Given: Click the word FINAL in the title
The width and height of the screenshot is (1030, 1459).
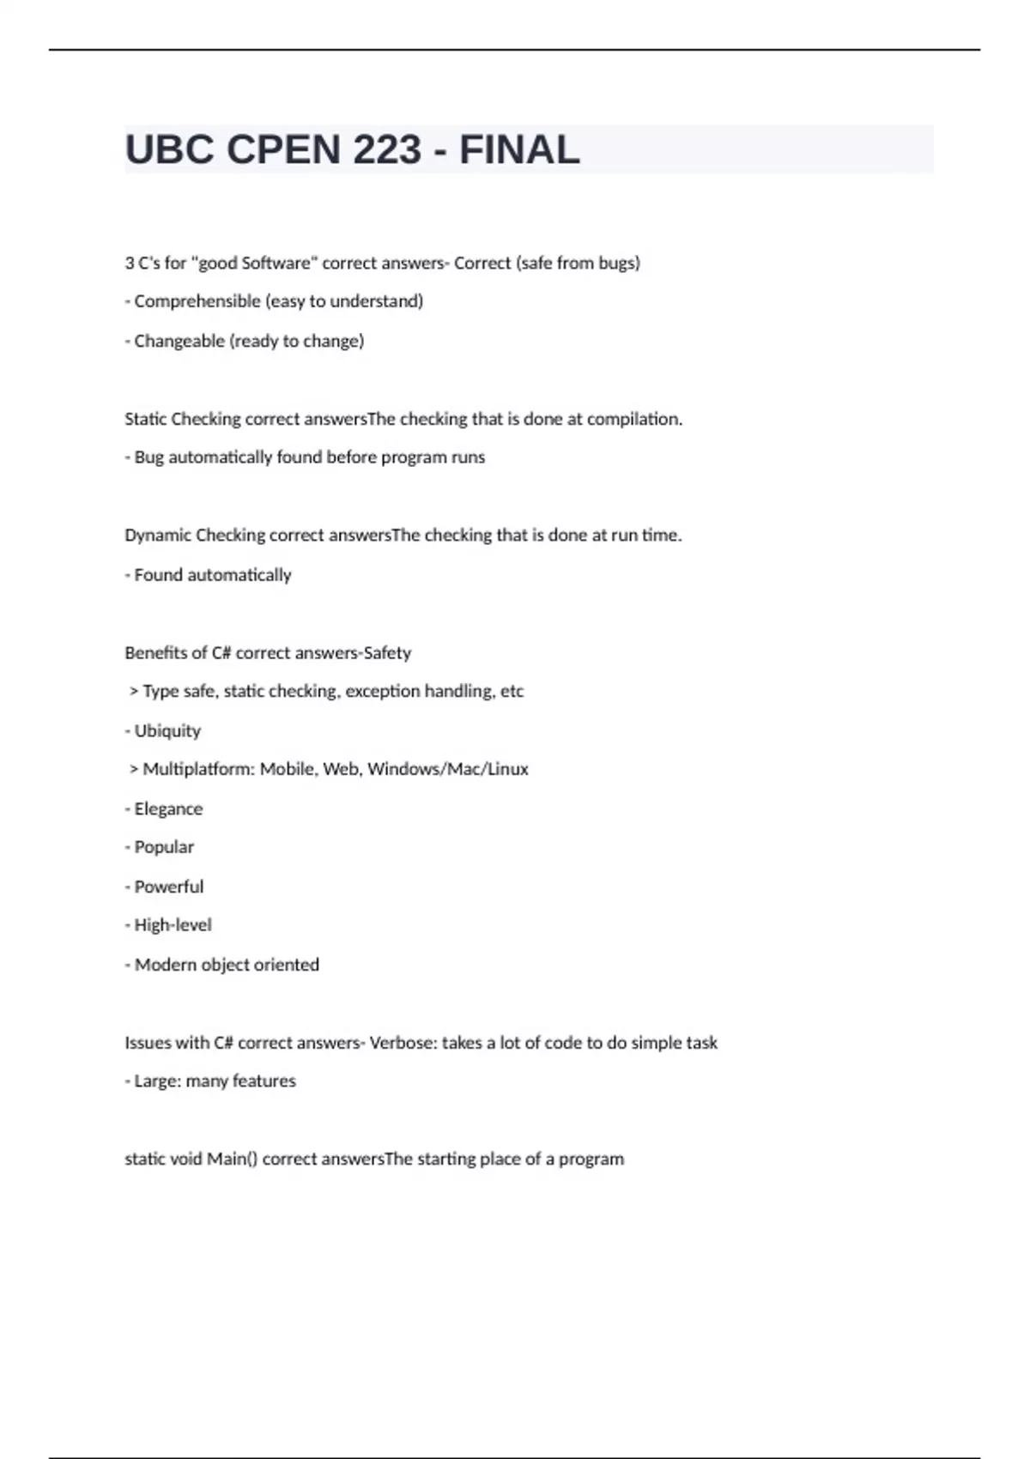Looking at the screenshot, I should [x=519, y=150].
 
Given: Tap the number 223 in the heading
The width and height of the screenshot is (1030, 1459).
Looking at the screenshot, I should [x=387, y=150].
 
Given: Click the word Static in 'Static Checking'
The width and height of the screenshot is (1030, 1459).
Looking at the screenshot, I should [x=145, y=419].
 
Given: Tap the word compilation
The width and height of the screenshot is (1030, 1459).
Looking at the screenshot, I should [x=634, y=419].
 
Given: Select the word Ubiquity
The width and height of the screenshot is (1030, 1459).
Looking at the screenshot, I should [x=167, y=730].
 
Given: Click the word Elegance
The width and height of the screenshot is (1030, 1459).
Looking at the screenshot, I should [x=168, y=808].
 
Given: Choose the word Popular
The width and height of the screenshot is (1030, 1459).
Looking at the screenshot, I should [x=164, y=847].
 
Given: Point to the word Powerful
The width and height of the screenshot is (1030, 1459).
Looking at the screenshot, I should [x=169, y=887].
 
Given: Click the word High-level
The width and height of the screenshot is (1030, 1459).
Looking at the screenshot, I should [x=173, y=925].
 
